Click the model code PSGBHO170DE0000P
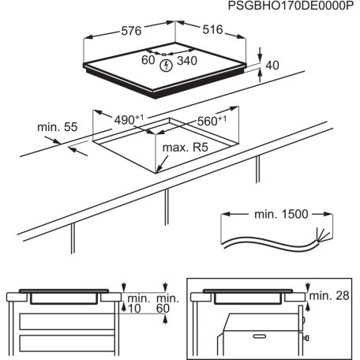(x=292, y=6)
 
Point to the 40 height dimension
(x=273, y=66)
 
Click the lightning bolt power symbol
(x=164, y=66)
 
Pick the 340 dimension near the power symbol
(x=188, y=61)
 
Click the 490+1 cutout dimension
(x=127, y=119)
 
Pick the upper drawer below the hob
(x=63, y=322)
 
